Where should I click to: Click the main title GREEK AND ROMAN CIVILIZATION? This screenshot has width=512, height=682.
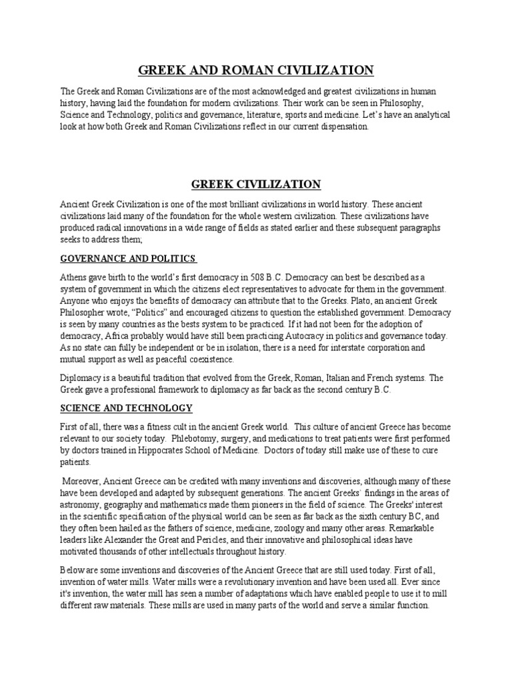(256, 70)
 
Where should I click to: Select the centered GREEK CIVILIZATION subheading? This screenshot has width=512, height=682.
(256, 184)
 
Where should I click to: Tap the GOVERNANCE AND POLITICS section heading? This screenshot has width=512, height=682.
(128, 258)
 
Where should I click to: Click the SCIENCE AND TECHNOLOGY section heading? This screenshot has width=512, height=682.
(127, 408)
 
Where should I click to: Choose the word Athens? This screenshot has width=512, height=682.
(75, 276)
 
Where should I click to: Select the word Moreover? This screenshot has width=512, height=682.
(84, 482)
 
